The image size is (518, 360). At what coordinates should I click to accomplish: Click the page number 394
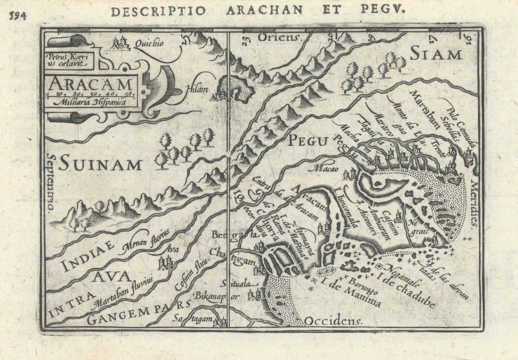tap(17, 15)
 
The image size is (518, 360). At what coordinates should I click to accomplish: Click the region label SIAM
tap(435, 54)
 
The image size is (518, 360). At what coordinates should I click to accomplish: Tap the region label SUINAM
tap(100, 164)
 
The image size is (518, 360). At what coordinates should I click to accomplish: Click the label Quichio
tap(149, 43)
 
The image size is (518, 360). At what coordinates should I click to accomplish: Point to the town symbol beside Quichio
tap(121, 44)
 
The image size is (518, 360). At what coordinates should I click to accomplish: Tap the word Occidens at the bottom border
tap(332, 321)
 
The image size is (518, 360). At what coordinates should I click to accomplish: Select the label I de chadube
tap(406, 287)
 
